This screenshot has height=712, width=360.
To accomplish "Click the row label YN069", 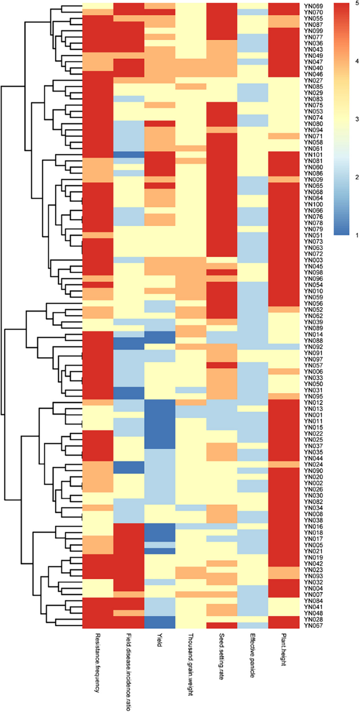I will pyautogui.click(x=310, y=5).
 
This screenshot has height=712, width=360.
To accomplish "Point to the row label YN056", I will pyautogui.click(x=310, y=303).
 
